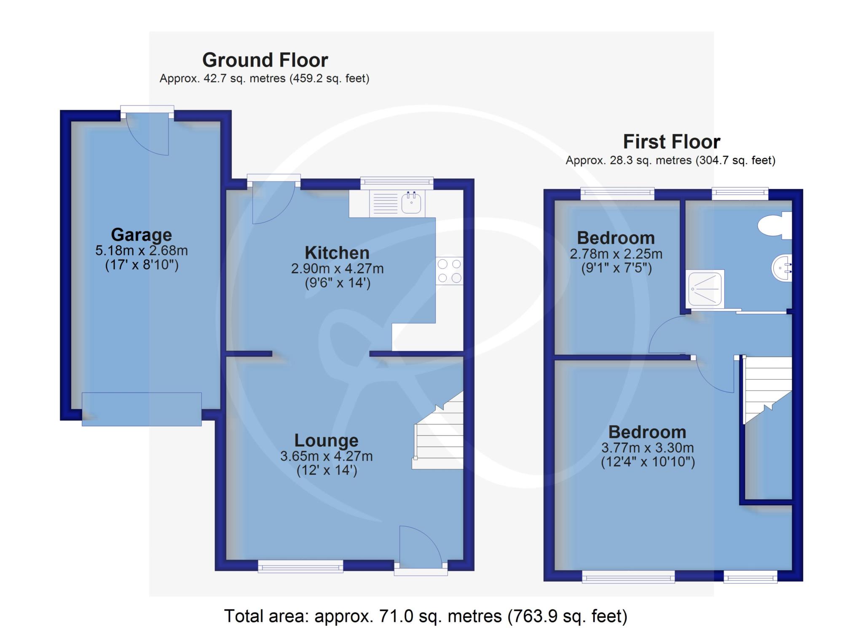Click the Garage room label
coord(141,234)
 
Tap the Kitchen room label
coord(337,253)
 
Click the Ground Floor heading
coord(265,60)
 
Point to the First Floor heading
coord(671,141)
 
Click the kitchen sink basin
coord(411,203)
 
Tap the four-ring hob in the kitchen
coord(449,271)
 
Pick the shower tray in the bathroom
coord(706,288)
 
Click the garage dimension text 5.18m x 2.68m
coord(141,251)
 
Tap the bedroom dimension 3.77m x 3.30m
coord(647,448)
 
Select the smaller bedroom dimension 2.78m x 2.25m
coord(616,254)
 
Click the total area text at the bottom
coord(426,616)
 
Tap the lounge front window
coord(300,566)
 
